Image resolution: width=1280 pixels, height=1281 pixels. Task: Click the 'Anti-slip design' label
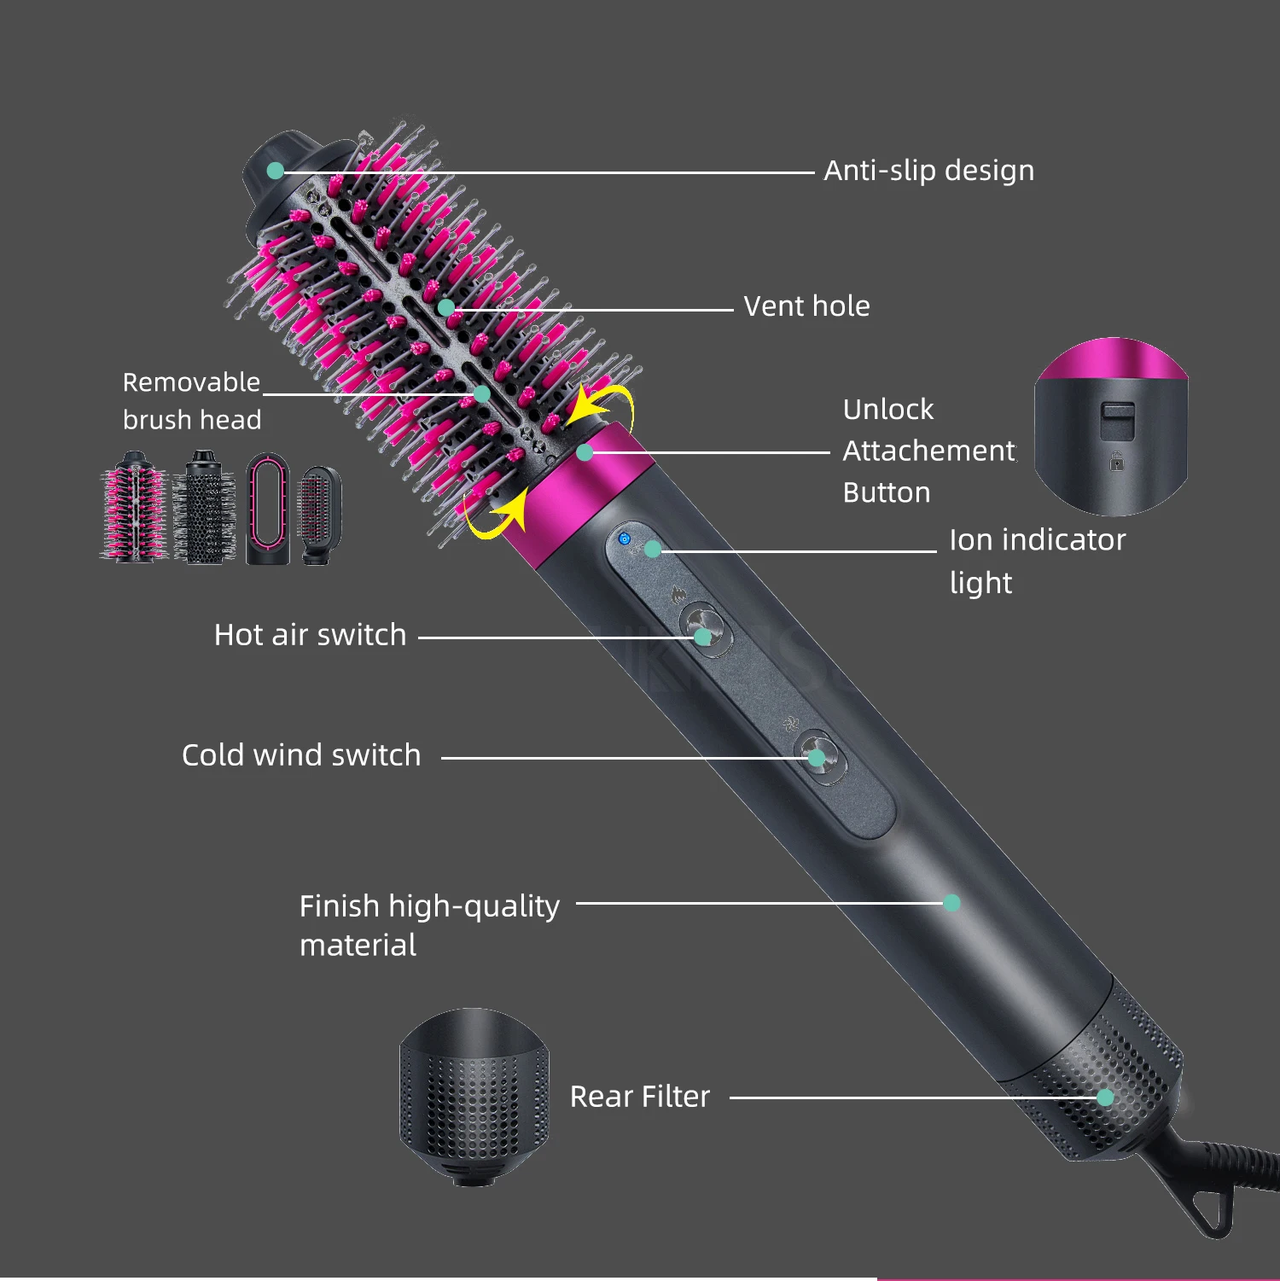(928, 171)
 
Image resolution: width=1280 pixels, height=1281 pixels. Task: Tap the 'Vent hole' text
(806, 306)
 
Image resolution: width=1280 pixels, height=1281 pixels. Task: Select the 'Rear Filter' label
(639, 1097)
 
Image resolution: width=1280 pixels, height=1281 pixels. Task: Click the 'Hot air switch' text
(310, 635)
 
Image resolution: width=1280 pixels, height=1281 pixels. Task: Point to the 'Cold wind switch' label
(301, 755)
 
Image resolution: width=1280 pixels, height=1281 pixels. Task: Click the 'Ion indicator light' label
(1037, 561)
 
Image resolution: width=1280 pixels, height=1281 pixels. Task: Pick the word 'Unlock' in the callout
(888, 410)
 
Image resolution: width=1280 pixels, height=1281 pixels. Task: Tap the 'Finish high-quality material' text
(429, 925)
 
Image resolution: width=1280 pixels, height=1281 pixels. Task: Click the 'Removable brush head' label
(192, 401)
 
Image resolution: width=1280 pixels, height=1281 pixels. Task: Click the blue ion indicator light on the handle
(625, 539)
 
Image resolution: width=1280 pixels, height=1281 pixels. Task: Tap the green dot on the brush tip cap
(276, 171)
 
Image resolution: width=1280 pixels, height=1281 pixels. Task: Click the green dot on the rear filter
(1105, 1098)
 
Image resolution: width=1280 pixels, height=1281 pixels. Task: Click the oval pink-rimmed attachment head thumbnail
(268, 509)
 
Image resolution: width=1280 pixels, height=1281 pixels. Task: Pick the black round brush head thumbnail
(205, 509)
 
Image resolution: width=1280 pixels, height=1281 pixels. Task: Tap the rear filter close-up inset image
(474, 1097)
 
